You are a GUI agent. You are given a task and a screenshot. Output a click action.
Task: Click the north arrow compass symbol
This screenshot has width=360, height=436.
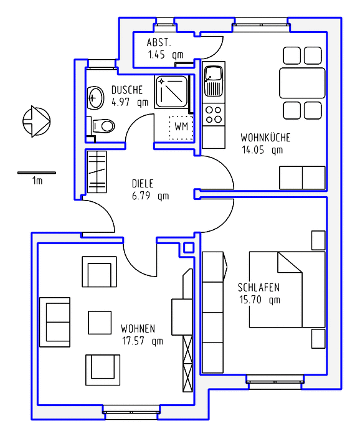(36, 121)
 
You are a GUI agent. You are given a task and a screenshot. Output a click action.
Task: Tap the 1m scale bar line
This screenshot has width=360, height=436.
(37, 173)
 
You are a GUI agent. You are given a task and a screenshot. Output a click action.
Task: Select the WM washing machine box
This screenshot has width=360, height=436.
(181, 127)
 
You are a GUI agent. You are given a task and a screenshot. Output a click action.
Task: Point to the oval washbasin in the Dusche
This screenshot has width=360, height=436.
(95, 98)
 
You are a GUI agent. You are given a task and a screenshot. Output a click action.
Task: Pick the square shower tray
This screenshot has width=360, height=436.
(171, 92)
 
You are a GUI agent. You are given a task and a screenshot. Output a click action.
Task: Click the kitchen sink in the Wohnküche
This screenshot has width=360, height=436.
(214, 81)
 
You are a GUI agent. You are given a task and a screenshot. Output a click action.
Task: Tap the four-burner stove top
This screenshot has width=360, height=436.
(214, 115)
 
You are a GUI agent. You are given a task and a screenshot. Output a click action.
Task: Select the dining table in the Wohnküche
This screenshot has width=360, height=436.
(302, 83)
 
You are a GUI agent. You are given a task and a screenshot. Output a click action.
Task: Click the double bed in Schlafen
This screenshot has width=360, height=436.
(287, 290)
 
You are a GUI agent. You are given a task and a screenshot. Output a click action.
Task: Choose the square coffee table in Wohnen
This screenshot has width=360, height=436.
(100, 323)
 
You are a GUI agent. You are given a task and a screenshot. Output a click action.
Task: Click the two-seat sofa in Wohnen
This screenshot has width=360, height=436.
(55, 322)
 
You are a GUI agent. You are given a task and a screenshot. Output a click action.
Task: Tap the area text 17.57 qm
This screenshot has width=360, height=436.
(143, 341)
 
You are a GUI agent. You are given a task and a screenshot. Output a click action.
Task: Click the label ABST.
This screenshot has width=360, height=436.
(158, 42)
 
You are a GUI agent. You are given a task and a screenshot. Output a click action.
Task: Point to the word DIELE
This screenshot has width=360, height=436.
(143, 184)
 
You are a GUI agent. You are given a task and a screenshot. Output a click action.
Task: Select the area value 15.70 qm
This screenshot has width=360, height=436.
(260, 300)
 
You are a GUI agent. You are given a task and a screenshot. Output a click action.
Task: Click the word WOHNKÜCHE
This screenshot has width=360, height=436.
(265, 138)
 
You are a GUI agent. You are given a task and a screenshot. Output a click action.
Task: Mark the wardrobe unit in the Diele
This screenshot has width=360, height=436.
(97, 172)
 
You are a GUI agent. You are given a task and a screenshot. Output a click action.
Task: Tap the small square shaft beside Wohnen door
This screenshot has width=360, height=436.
(189, 248)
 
